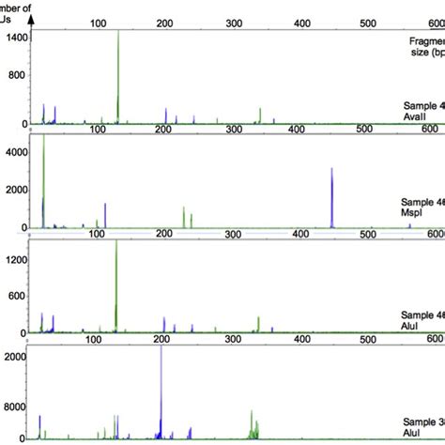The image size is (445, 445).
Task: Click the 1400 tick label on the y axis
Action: click(x=14, y=38)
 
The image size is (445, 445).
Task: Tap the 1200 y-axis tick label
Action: click(x=14, y=255)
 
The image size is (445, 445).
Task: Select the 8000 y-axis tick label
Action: click(x=15, y=409)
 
